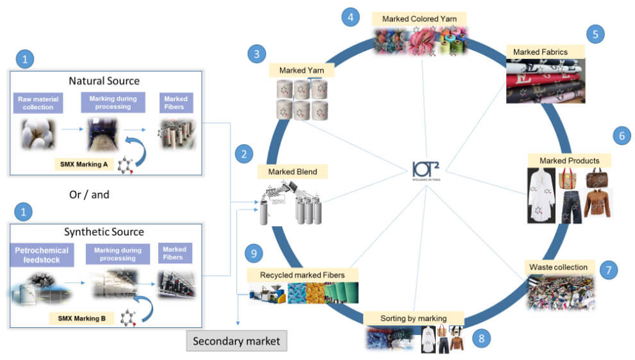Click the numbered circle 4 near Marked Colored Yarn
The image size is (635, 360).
click(350, 17)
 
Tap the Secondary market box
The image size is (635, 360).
click(237, 341)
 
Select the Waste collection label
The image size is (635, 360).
click(558, 266)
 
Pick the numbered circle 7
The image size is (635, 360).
click(608, 270)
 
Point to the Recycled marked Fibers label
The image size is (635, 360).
click(302, 275)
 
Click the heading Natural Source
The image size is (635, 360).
click(104, 81)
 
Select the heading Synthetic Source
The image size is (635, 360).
click(104, 232)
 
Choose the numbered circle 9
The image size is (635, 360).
click(254, 254)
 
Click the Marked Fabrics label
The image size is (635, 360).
click(536, 51)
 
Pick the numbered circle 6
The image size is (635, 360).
click(621, 136)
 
